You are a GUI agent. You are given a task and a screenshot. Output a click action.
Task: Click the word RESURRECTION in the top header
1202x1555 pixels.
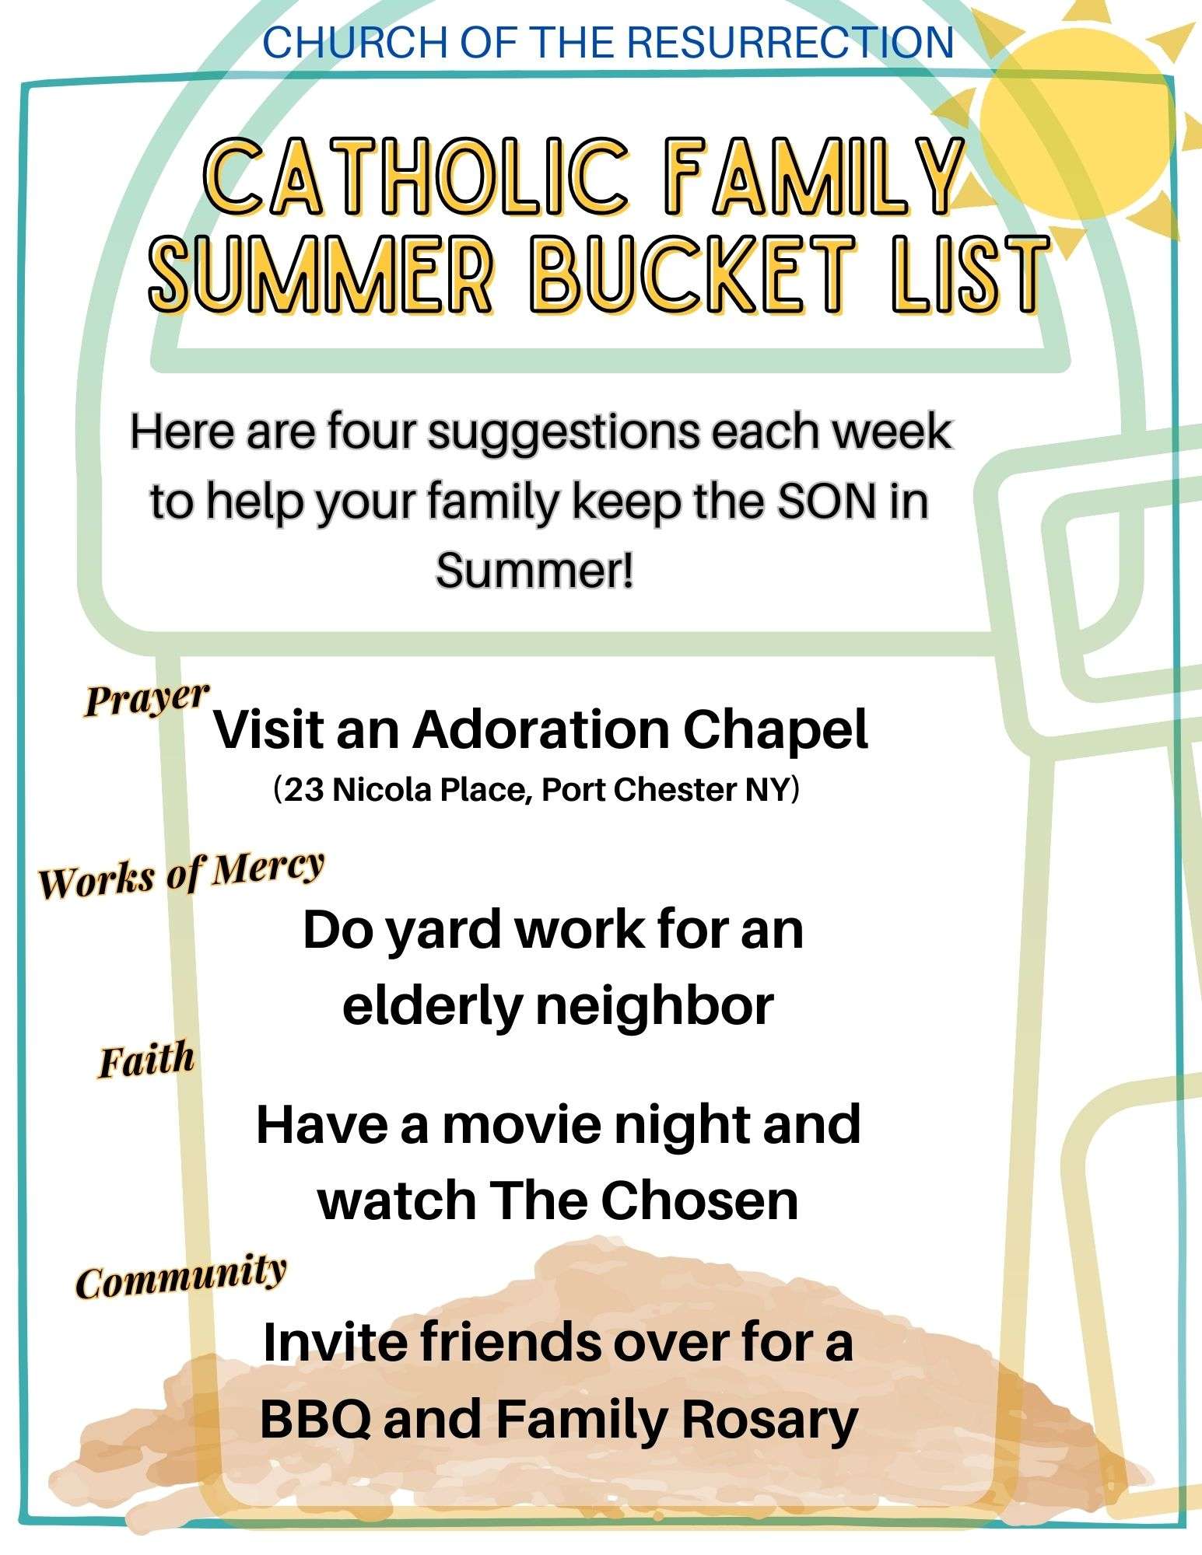tap(790, 42)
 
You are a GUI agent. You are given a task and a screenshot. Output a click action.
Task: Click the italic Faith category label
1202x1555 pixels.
tap(145, 1061)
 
